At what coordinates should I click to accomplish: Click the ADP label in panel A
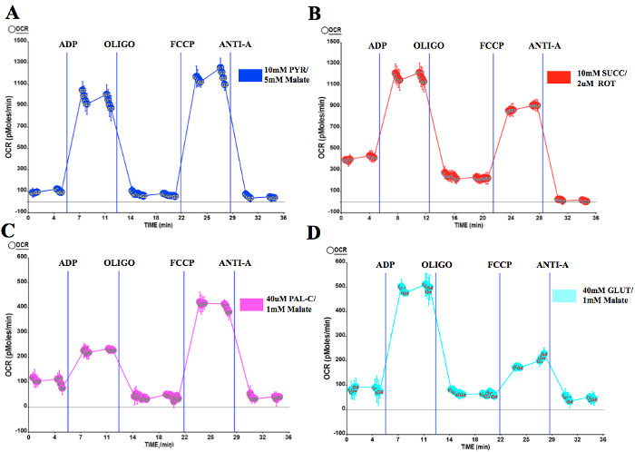[69, 44]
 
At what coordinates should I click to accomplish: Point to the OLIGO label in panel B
[428, 45]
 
